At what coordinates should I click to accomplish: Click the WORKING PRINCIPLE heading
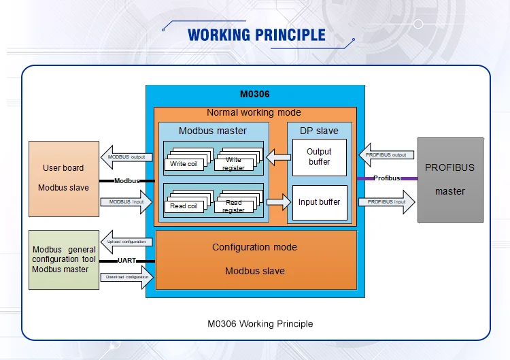pyautogui.click(x=256, y=35)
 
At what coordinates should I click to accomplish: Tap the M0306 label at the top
pyautogui.click(x=255, y=95)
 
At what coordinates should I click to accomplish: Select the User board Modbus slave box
pyautogui.click(x=63, y=178)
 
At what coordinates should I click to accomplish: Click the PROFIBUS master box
pyautogui.click(x=449, y=180)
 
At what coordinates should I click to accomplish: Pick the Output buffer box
pyautogui.click(x=319, y=157)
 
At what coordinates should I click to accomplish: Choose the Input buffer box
pyautogui.click(x=319, y=202)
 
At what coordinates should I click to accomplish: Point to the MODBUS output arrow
pyautogui.click(x=126, y=157)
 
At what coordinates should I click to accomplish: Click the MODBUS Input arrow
pyautogui.click(x=126, y=202)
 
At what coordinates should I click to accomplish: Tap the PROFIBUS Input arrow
pyautogui.click(x=386, y=202)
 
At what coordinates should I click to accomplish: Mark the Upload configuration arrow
pyautogui.click(x=126, y=242)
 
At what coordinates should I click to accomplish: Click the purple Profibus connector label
pyautogui.click(x=386, y=178)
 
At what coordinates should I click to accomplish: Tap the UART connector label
pyautogui.click(x=127, y=260)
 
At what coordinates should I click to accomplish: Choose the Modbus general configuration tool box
pyautogui.click(x=64, y=259)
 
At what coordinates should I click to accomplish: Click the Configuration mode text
pyautogui.click(x=254, y=247)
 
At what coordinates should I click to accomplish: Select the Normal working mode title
pyautogui.click(x=254, y=113)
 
